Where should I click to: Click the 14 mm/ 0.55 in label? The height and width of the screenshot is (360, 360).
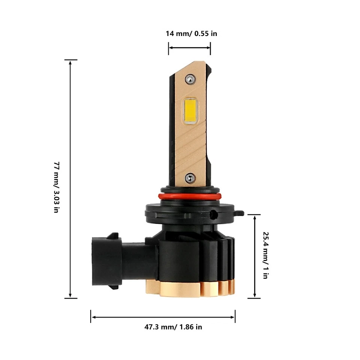click(191, 34)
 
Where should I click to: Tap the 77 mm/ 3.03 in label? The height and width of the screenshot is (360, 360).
click(56, 187)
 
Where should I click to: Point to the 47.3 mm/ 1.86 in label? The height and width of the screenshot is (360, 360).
click(173, 327)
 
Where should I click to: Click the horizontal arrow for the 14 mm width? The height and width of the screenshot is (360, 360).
click(189, 48)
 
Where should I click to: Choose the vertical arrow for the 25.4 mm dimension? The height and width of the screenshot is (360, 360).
click(254, 256)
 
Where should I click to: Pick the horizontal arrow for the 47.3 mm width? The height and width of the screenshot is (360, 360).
click(163, 317)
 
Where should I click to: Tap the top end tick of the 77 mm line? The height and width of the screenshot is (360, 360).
click(70, 60)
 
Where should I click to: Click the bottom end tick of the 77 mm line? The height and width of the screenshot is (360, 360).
click(70, 298)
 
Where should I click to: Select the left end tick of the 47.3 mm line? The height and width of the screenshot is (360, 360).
click(91, 316)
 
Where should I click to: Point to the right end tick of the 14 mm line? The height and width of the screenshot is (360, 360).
click(210, 48)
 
